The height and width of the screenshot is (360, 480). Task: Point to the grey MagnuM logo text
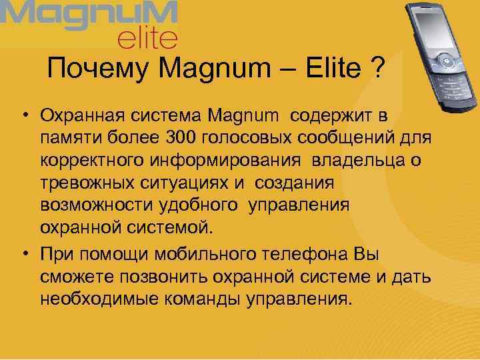click(x=90, y=14)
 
